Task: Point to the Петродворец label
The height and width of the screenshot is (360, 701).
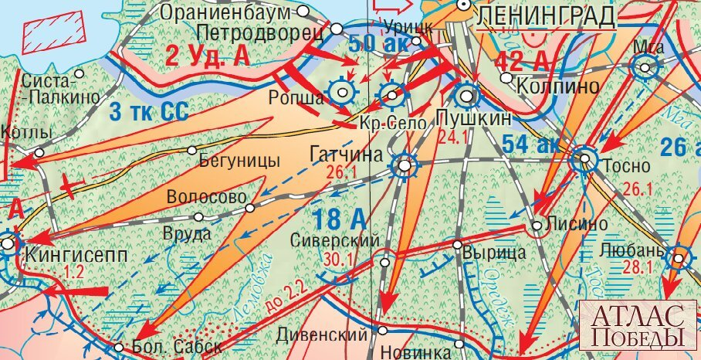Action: (259, 32)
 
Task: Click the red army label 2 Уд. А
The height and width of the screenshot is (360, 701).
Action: (208, 56)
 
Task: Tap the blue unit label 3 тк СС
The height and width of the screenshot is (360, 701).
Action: (149, 111)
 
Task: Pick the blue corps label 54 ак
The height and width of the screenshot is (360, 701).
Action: (528, 144)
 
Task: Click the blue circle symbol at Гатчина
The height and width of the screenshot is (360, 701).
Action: (405, 165)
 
